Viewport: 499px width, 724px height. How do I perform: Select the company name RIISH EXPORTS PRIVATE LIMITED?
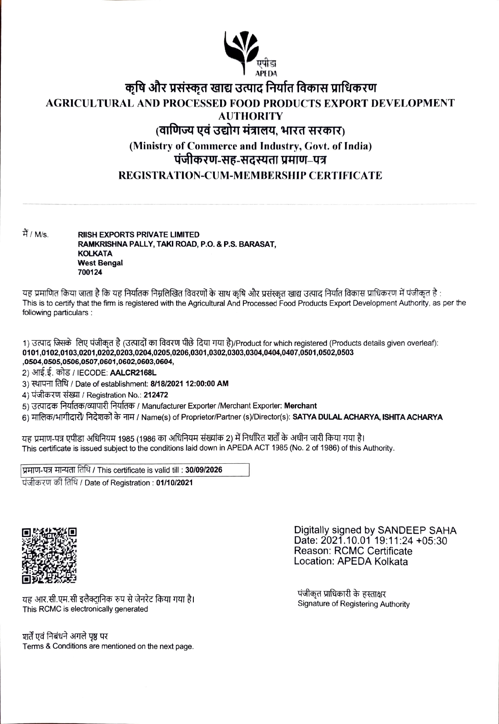pos(138,235)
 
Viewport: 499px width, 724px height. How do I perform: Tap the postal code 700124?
pos(90,272)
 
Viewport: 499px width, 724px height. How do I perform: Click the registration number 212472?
pos(159,395)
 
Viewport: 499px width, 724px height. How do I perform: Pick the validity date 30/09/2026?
pos(204,470)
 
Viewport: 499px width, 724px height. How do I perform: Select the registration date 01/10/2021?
pos(174,483)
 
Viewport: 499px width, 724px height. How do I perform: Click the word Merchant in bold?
pos(300,406)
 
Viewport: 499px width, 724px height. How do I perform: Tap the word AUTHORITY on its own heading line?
pos(250,116)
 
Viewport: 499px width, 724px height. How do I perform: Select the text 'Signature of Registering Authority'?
pos(353,604)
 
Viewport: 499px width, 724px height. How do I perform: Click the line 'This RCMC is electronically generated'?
pos(85,609)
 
